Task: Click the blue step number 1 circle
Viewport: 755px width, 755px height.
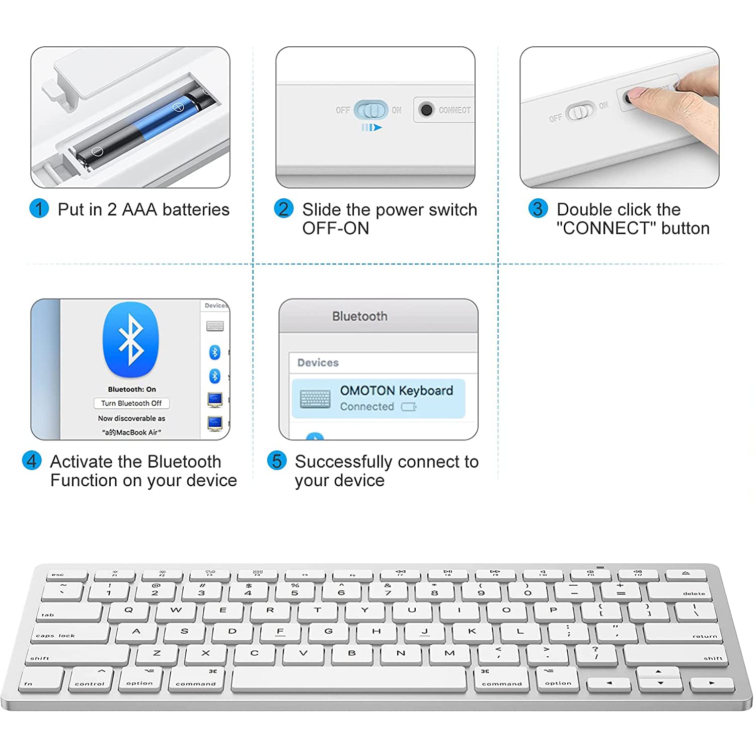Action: coord(39,208)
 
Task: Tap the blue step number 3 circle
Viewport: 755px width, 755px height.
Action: coord(538,208)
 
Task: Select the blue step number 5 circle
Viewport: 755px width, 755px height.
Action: coord(277,461)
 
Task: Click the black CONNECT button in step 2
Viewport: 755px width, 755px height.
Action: coord(426,110)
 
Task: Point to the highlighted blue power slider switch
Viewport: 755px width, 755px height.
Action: coord(371,110)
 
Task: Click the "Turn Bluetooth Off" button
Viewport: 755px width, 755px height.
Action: coord(131,403)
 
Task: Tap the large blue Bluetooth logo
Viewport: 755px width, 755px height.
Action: coord(131,340)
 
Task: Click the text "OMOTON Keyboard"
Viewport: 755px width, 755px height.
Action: coord(396,391)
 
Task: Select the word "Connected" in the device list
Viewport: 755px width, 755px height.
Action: coord(367,407)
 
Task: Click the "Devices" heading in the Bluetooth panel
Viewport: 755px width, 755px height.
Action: coord(318,362)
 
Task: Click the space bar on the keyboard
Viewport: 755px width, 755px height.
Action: coord(349,679)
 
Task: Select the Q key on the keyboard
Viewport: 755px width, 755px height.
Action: coord(128,611)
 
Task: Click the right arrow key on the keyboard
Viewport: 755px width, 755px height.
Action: coord(711,684)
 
